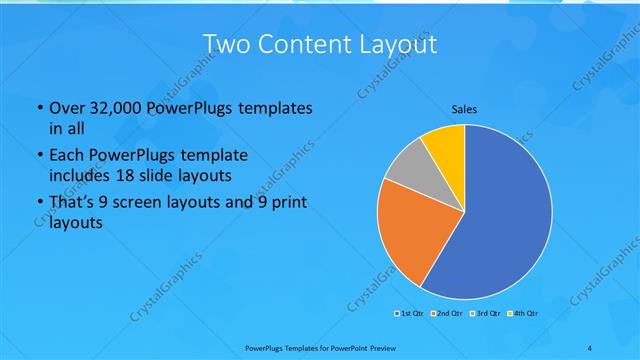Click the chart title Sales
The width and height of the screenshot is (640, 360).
[464, 108]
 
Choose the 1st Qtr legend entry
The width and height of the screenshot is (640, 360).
[407, 314]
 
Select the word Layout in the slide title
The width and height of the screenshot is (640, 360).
[395, 44]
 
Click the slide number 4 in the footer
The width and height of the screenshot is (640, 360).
[590, 347]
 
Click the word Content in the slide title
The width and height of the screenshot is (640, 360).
[301, 44]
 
